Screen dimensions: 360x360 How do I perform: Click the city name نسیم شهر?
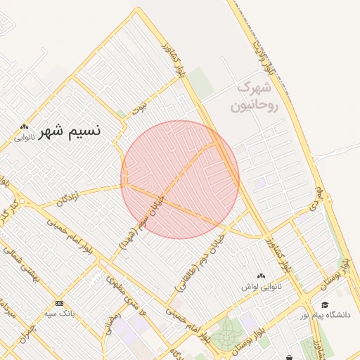[x=70, y=131]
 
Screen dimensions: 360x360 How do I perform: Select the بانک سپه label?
[x=59, y=314]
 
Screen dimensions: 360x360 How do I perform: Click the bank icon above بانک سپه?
[x=59, y=302]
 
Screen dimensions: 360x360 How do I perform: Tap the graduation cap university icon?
[x=324, y=304]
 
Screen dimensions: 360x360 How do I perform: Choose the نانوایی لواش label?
[x=262, y=287]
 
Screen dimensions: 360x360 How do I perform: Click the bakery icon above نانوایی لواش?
[x=262, y=276]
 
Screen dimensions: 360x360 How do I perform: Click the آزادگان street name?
[x=75, y=198]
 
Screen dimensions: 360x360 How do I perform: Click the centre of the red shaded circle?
[x=180, y=179]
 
